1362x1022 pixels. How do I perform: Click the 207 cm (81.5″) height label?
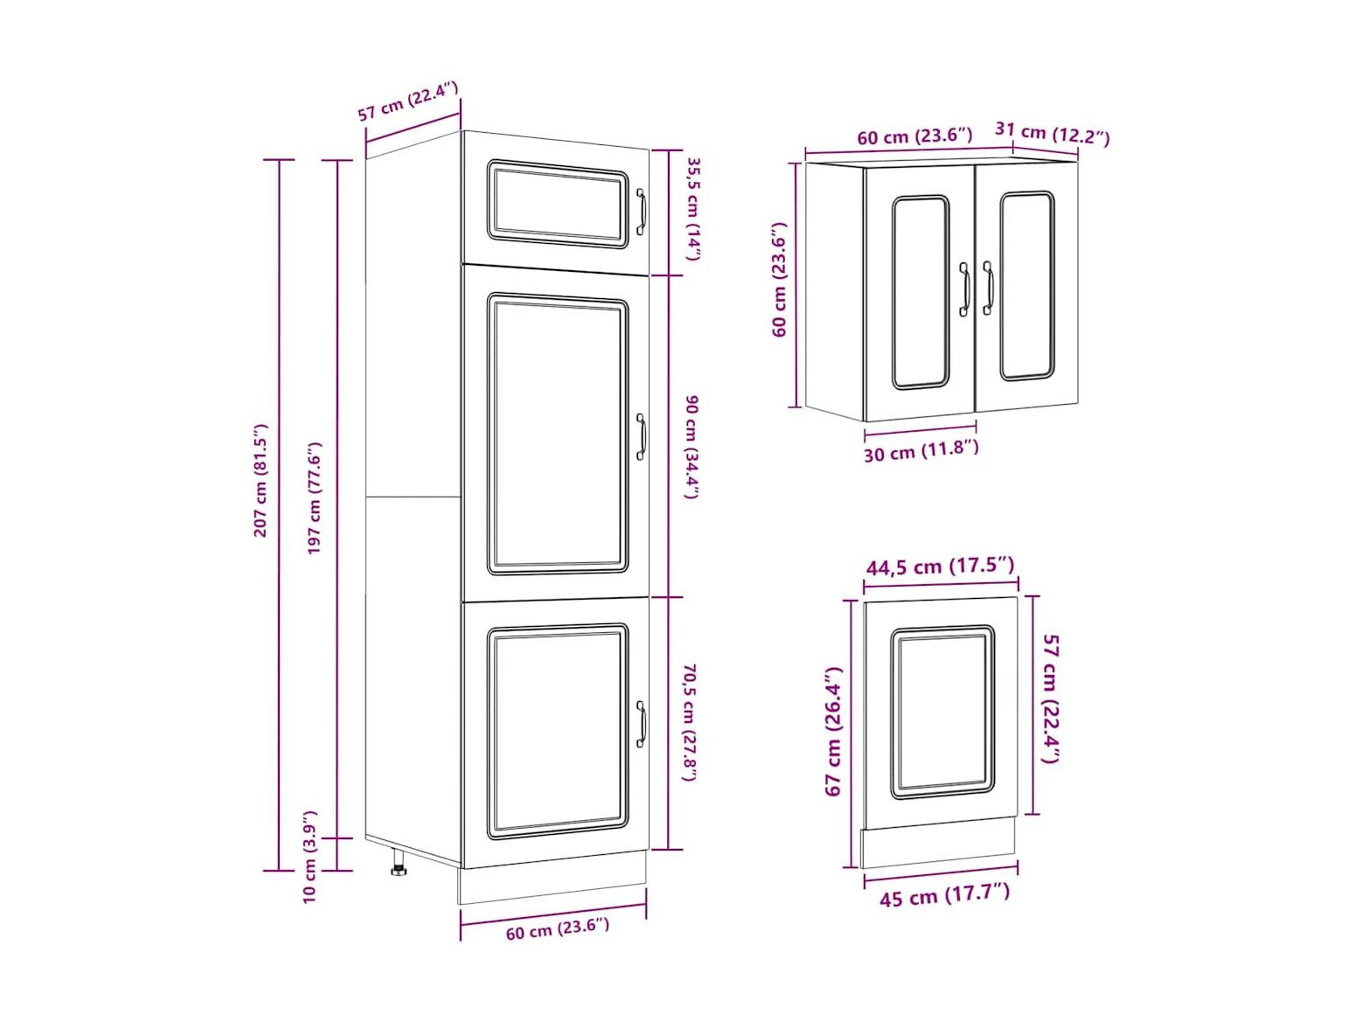(261, 480)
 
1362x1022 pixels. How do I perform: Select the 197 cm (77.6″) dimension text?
(315, 497)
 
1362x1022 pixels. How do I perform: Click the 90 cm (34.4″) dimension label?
(692, 447)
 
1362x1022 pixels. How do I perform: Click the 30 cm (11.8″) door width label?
(921, 451)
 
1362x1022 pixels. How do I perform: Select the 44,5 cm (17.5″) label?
(940, 566)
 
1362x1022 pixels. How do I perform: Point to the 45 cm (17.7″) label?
(944, 894)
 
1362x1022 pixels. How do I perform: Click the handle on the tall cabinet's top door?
(641, 212)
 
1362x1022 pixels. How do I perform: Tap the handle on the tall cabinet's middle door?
(641, 437)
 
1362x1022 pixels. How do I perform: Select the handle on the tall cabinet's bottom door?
(641, 724)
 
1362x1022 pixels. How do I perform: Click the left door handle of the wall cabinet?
(963, 289)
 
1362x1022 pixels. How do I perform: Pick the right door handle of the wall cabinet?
(987, 288)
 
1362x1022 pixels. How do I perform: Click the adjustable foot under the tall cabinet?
(399, 863)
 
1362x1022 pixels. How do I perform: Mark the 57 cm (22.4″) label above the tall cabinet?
(407, 101)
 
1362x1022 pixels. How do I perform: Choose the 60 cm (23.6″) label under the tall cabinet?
(557, 929)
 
